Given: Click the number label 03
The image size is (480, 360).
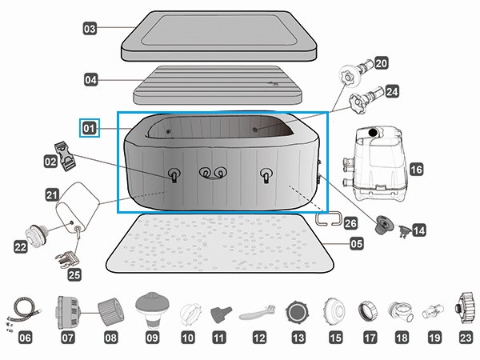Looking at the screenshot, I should (90, 29).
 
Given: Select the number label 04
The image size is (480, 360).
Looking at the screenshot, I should (91, 79).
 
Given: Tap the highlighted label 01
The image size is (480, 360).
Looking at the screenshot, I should (88, 127).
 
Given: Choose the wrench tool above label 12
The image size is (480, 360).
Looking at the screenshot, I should (258, 309).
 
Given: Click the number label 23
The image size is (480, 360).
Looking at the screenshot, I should (466, 338).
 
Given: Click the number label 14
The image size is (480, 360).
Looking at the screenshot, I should (418, 230).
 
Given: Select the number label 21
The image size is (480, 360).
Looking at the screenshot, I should (52, 194).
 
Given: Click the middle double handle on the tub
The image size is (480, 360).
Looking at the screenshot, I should (212, 174).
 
